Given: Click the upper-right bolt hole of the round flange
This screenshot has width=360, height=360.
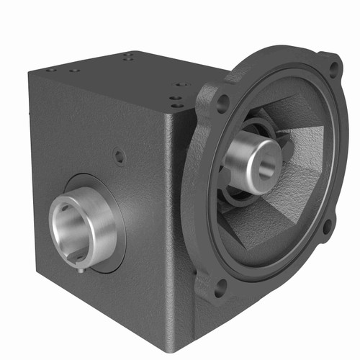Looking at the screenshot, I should [x=332, y=70].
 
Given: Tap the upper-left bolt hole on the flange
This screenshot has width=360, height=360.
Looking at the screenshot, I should [x=223, y=102].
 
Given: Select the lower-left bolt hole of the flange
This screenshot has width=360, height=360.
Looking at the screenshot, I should [x=220, y=286].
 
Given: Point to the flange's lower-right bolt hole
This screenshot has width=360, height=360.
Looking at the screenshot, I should [x=328, y=229].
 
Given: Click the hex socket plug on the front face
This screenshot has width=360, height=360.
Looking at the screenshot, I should [x=120, y=156].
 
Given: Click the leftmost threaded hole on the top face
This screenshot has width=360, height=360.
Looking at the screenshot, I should [x=51, y=70].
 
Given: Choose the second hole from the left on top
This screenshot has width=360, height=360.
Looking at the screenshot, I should [x=73, y=71].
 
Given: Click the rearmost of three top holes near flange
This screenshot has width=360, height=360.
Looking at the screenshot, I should [x=182, y=84].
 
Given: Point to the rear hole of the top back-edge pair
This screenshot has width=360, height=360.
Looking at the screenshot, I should [x=129, y=53].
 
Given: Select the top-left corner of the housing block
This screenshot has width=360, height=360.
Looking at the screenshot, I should [x=31, y=72].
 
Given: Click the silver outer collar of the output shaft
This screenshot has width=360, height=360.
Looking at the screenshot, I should [x=101, y=223].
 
